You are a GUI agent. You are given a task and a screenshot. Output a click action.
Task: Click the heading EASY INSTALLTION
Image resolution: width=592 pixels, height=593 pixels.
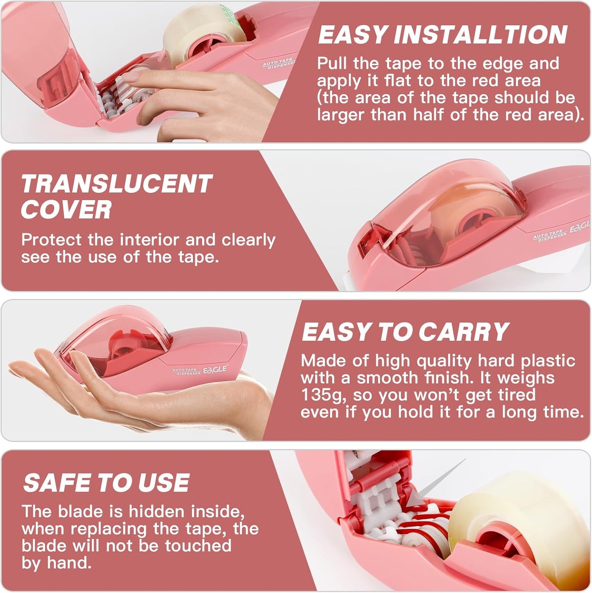[442, 35]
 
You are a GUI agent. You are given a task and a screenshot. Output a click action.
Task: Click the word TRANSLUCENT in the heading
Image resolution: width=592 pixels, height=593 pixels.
[117, 184]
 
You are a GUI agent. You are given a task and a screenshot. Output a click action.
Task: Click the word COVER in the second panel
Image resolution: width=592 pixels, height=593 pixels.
[66, 210]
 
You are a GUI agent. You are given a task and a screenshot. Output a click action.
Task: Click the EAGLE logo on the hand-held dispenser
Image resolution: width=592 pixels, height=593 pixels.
[215, 370]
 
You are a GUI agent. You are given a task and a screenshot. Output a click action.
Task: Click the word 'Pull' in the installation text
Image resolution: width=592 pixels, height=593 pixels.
[332, 64]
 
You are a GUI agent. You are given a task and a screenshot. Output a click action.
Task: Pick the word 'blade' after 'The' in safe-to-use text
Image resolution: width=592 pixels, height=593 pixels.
[80, 512]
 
